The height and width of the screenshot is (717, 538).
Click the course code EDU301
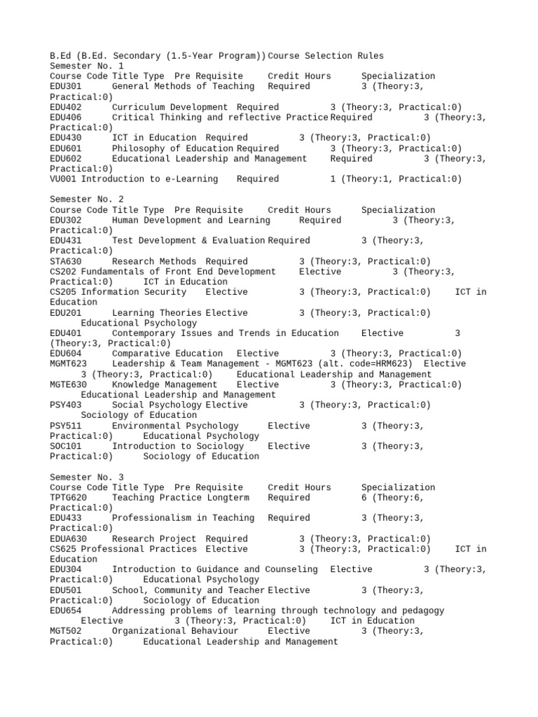pyautogui.click(x=66, y=86)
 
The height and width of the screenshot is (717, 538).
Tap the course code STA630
pyautogui.click(x=66, y=261)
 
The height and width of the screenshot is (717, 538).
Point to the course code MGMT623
pyautogui.click(x=69, y=363)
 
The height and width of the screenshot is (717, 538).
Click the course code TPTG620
pyautogui.click(x=69, y=497)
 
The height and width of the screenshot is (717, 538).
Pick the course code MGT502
pyautogui.click(x=66, y=631)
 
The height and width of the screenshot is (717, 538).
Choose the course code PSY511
pyautogui.click(x=66, y=426)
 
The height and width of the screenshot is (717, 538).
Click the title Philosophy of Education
pyautogui.click(x=172, y=148)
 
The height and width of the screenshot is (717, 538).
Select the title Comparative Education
pyautogui.click(x=167, y=354)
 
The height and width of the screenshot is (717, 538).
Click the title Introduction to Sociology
pyautogui.click(x=178, y=446)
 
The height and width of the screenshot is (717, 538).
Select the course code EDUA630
pyautogui.click(x=69, y=538)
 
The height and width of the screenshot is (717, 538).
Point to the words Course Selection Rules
pyautogui.click(x=326, y=55)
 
